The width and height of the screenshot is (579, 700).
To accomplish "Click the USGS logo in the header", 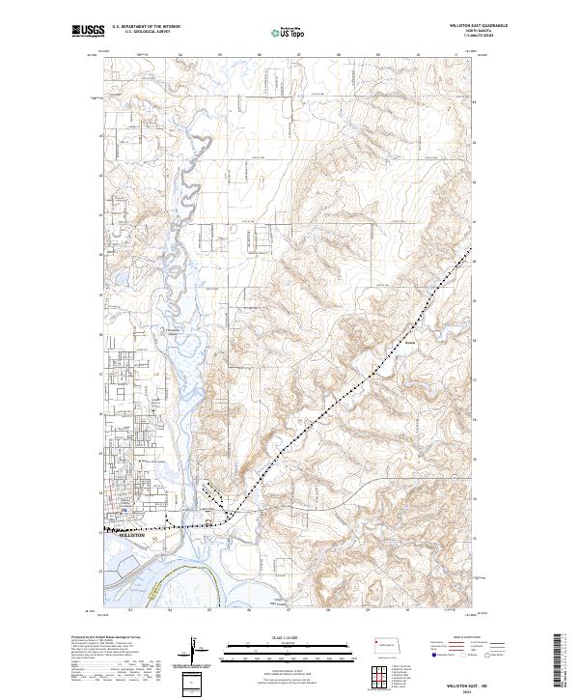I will click(x=87, y=31).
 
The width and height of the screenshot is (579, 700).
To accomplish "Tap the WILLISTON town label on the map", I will click(x=129, y=534).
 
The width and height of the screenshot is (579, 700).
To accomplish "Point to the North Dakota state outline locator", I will click(x=389, y=645).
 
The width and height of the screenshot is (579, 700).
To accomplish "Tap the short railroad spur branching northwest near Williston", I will click(x=218, y=500).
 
